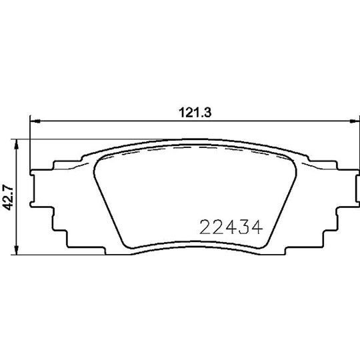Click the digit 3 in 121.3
tap(207, 113)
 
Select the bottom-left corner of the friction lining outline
tap(125, 242)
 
